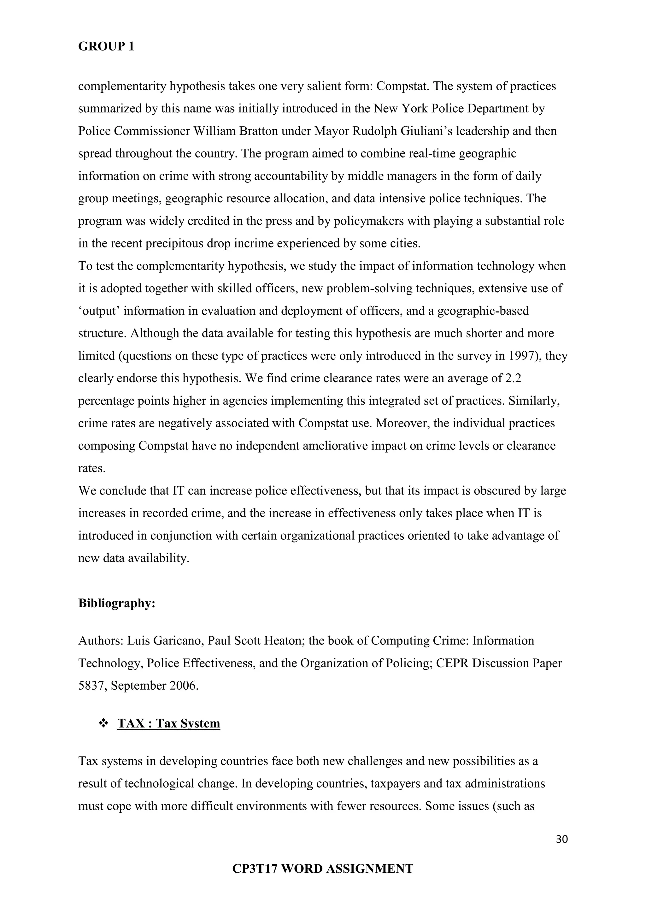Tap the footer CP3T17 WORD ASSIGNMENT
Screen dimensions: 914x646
(x=323, y=869)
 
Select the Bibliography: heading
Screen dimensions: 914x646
(x=116, y=603)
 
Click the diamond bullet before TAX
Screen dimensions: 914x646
(x=104, y=723)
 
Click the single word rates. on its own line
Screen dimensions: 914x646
(x=92, y=468)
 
